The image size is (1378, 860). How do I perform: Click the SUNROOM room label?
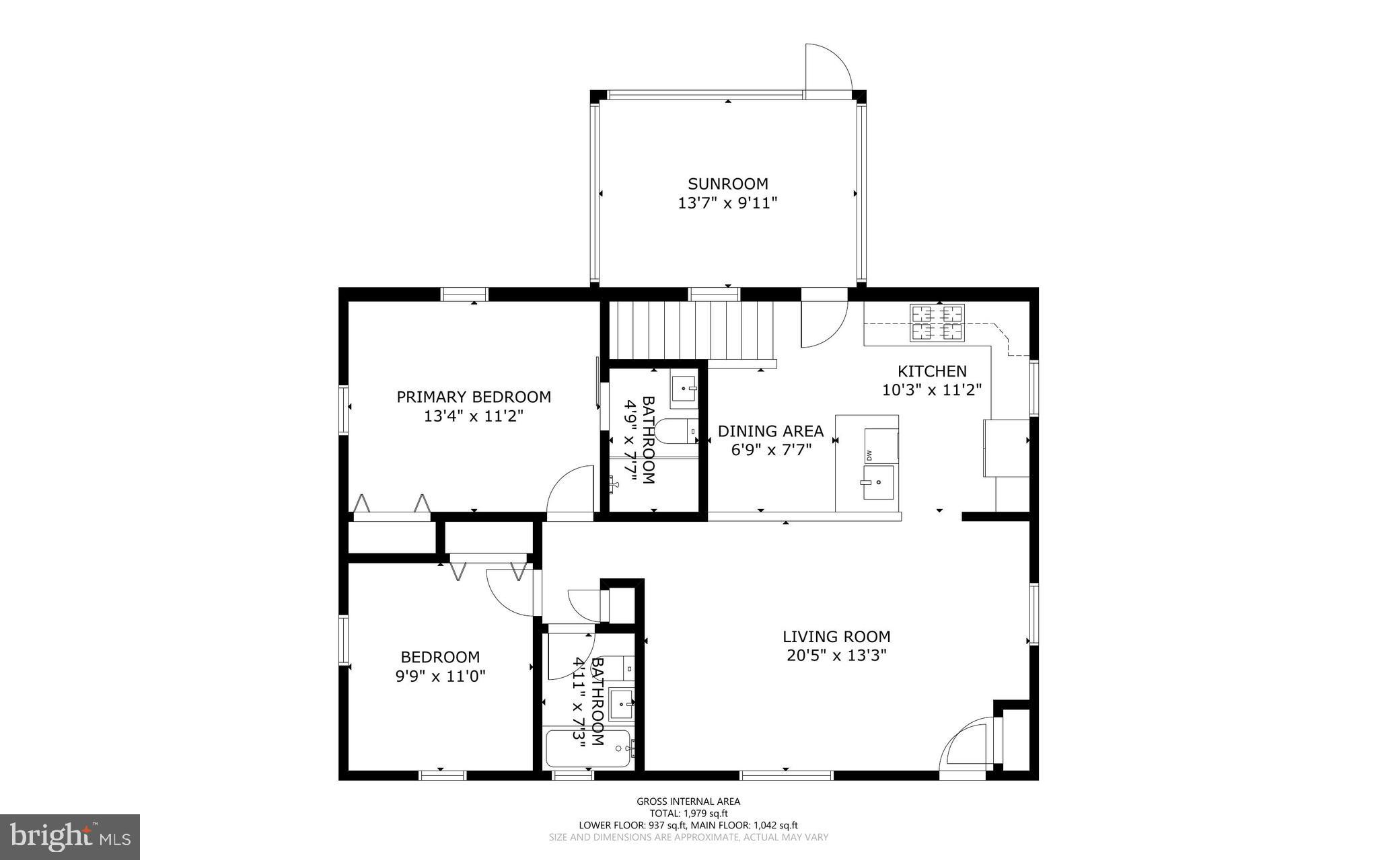pos(727,184)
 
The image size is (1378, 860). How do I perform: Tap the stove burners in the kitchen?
pos(937,322)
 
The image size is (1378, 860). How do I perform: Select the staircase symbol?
pos(692,330)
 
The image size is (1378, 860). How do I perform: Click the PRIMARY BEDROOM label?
pos(473,397)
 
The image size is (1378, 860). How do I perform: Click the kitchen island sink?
pos(878,482)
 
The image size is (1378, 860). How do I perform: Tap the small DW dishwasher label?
pos(869,455)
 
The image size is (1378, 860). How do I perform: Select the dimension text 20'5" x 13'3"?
pos(836,655)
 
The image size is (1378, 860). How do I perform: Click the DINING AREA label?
pos(770,431)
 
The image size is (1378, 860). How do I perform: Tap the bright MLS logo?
pos(70,836)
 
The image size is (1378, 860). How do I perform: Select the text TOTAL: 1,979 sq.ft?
pos(688,813)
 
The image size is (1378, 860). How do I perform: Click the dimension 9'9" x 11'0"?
pos(440,676)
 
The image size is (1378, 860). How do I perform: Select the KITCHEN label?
pos(932,371)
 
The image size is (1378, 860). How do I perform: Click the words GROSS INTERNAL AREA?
pos(688,801)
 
